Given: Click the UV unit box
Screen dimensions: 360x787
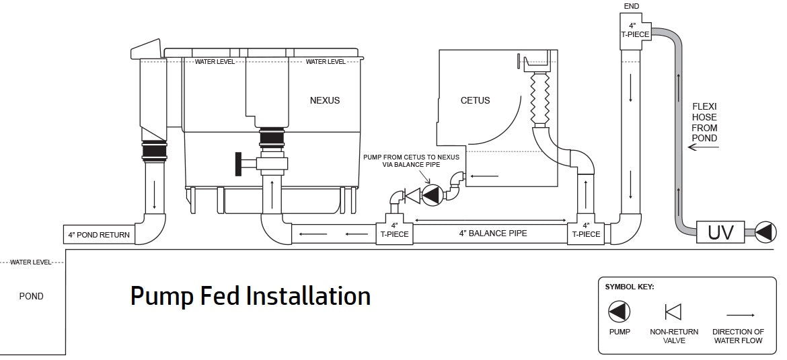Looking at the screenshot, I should tap(720, 233).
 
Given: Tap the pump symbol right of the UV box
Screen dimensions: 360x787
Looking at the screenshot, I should tap(765, 233).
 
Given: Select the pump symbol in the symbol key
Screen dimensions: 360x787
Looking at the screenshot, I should tap(619, 312).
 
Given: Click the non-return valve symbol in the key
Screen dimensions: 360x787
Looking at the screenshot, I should tap(673, 312).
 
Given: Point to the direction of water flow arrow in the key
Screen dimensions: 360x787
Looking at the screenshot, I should tap(739, 314).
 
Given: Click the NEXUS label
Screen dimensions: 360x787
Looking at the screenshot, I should tap(325, 101).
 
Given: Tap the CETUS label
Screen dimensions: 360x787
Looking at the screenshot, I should tap(475, 101).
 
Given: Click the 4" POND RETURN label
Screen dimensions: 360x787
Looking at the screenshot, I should tap(99, 236).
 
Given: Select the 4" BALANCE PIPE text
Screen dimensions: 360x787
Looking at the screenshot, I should tap(493, 233).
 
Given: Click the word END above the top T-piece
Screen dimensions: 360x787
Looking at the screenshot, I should tap(632, 6).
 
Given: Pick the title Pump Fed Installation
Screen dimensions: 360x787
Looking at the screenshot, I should tap(250, 296).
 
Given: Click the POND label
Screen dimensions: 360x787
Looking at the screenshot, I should tap(31, 296).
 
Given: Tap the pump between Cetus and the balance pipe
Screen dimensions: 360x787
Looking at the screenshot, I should tap(431, 195).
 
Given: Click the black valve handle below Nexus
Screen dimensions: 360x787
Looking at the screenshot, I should tap(237, 164).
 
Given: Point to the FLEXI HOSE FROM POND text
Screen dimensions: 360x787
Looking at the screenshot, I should tap(704, 122).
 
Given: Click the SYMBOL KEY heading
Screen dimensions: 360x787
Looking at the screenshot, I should tap(630, 287).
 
